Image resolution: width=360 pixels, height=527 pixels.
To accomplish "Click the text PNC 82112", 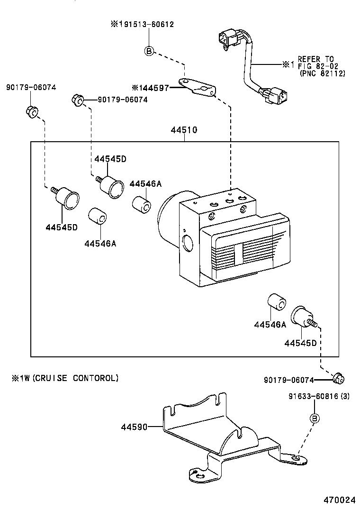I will click(x=323, y=73).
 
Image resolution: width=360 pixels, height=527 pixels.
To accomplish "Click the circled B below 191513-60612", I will click(x=149, y=51).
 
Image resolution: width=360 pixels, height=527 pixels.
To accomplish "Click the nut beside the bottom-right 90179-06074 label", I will click(x=339, y=378).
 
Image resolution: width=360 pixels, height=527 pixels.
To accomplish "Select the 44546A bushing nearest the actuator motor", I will click(x=142, y=204).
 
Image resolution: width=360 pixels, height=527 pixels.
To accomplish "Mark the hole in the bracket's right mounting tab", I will click(x=296, y=458).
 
